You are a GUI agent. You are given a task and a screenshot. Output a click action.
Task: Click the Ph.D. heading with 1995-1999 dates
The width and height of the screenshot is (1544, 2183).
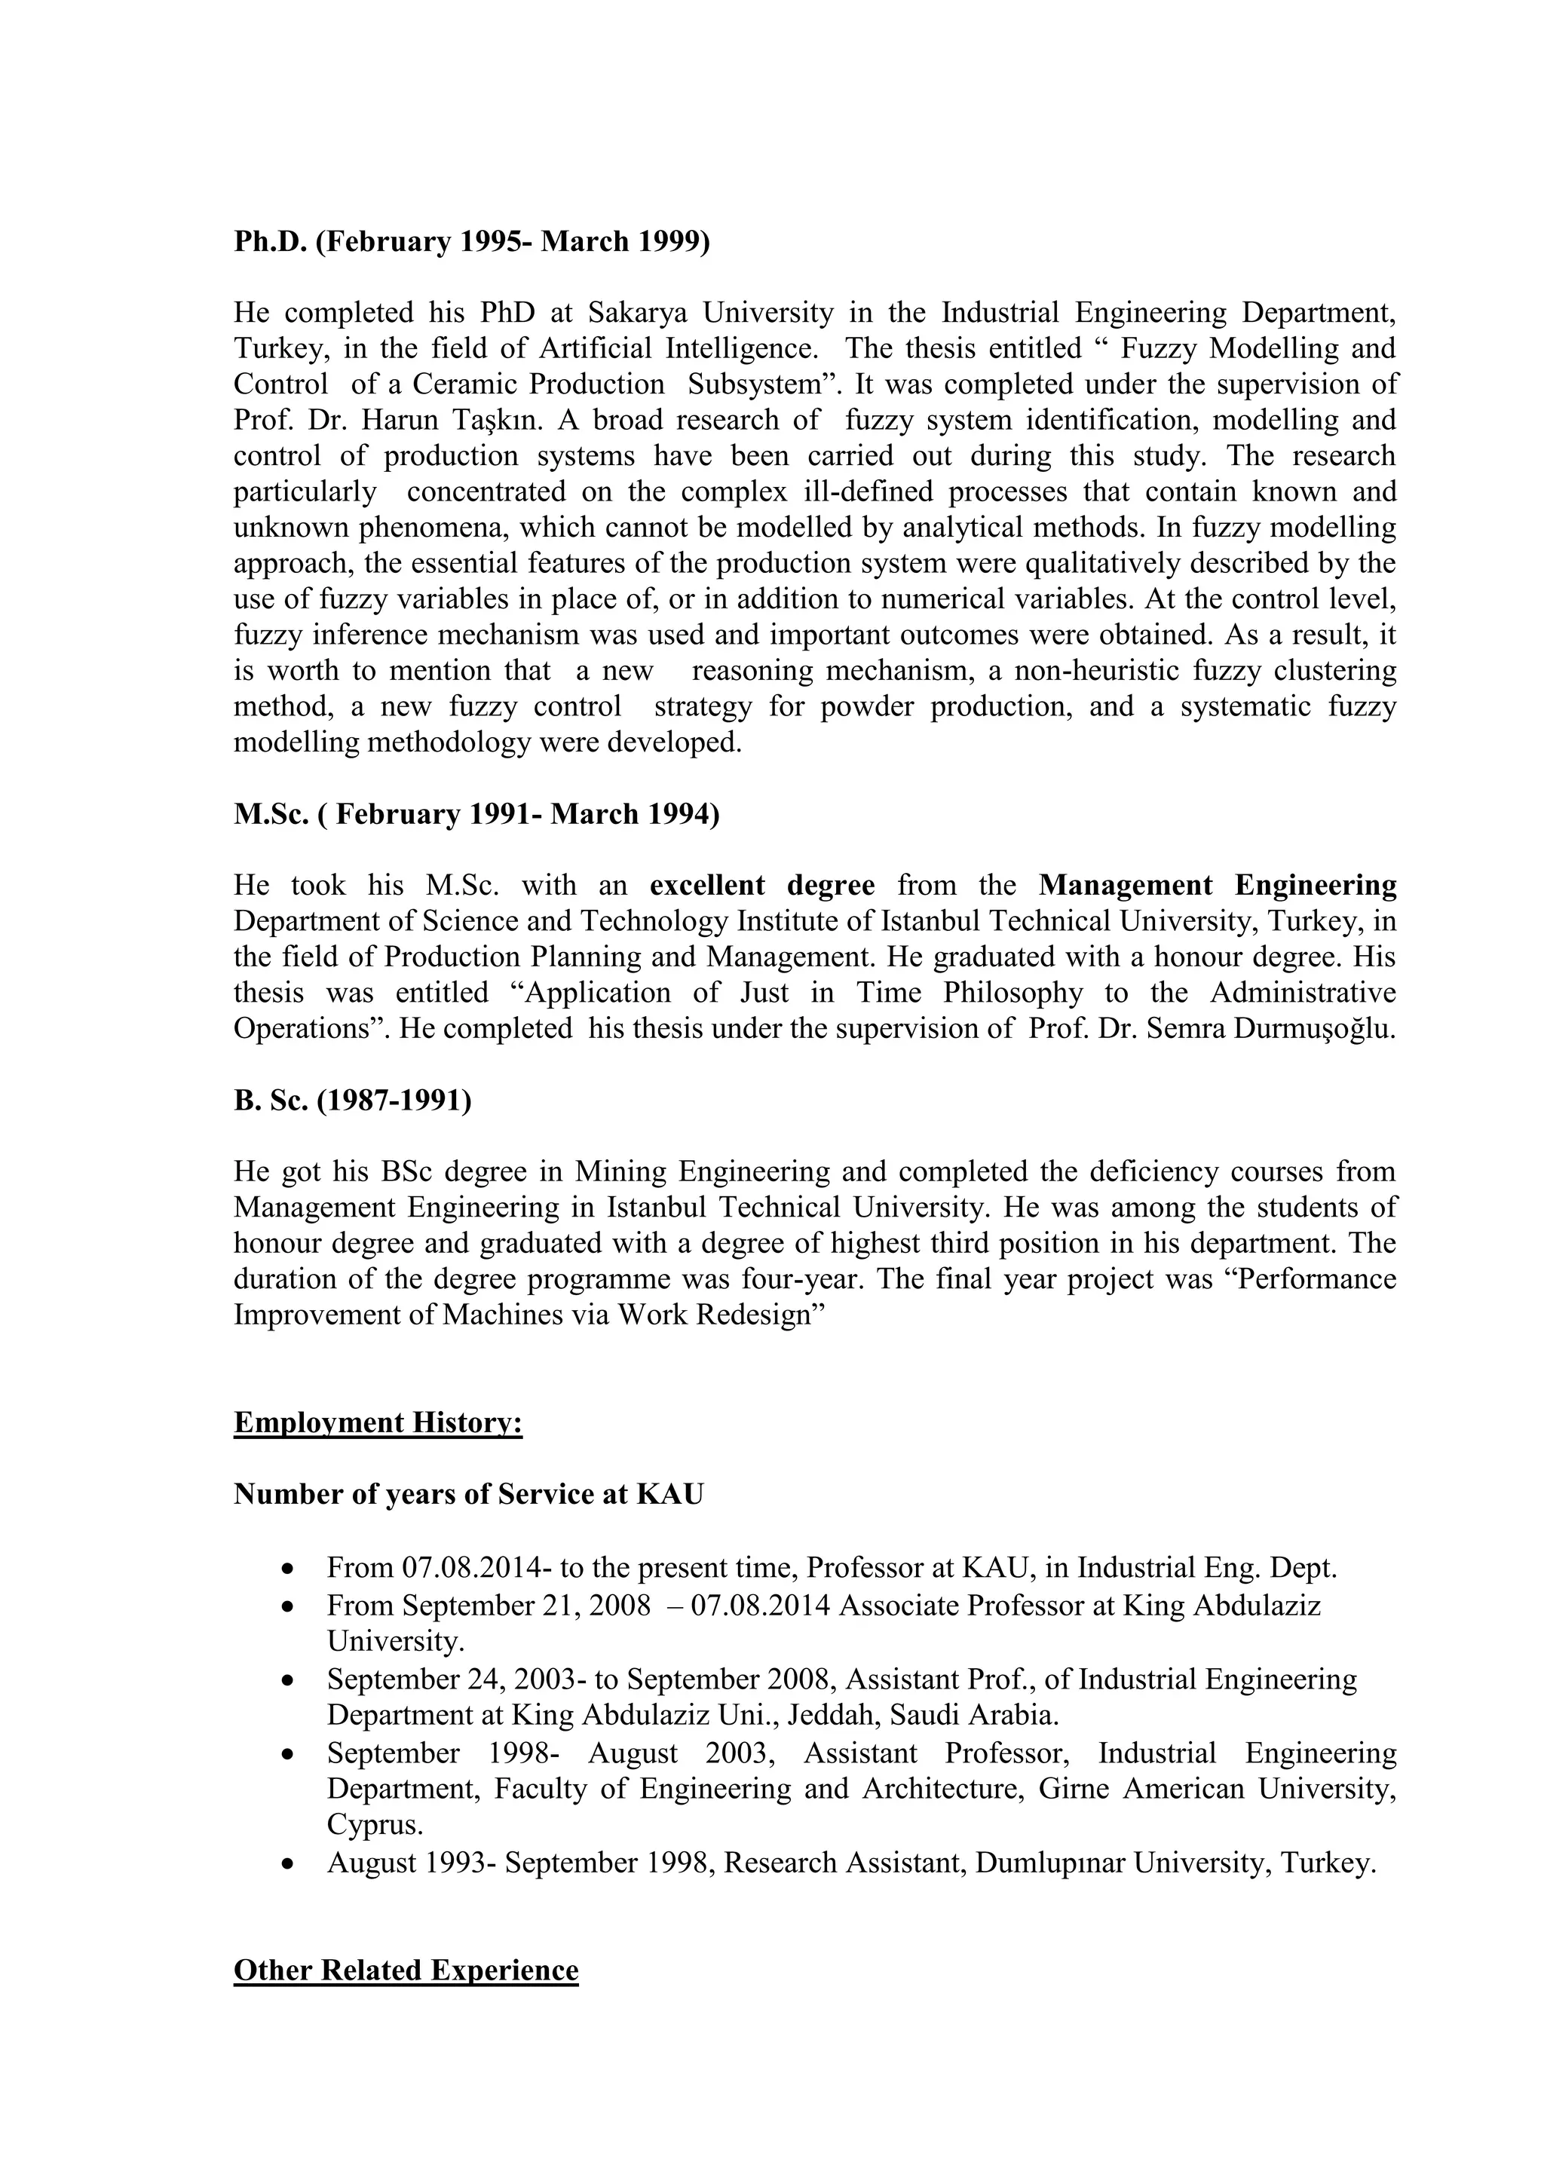(471, 241)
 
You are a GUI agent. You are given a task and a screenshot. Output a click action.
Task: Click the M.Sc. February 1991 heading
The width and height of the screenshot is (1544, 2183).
(476, 815)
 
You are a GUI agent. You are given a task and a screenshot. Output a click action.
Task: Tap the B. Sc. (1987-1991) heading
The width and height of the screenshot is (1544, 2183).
(353, 1101)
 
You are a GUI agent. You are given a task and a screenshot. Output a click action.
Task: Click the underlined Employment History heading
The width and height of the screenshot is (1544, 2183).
(378, 1423)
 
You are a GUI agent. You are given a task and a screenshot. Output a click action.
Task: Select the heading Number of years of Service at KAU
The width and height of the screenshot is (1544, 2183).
(469, 1495)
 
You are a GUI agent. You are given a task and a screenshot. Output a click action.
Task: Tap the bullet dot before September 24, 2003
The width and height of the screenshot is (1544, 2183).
(289, 1680)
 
